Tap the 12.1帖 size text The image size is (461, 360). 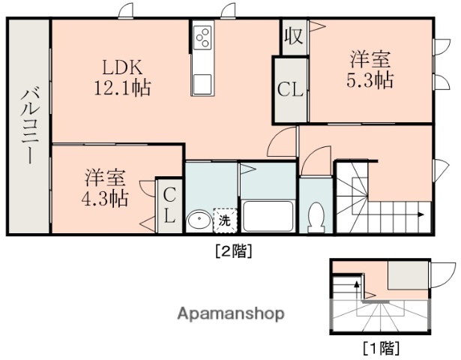click(121, 87)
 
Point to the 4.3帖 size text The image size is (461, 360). click(105, 199)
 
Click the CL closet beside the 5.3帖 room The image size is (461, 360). click(290, 90)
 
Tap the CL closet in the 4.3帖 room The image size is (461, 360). click(169, 206)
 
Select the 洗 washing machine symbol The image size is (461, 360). click(224, 220)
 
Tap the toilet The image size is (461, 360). click(316, 216)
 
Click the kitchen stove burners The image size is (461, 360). click(202, 37)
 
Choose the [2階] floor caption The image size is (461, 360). click(233, 251)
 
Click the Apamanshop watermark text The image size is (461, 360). click(230, 313)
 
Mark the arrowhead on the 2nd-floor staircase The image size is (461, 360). click(423, 214)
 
